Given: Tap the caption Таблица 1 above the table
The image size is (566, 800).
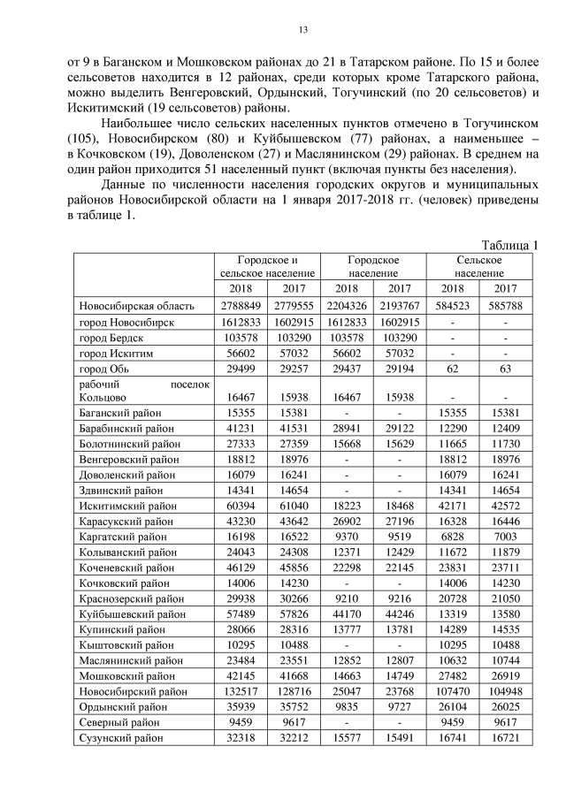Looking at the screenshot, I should tap(509, 245).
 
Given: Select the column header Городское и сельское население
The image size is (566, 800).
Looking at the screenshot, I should tap(267, 267).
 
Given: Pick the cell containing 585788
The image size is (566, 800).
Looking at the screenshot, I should tap(506, 306).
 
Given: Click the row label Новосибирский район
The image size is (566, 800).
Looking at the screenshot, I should tap(133, 692).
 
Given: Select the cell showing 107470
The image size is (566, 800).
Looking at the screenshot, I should tap(453, 692).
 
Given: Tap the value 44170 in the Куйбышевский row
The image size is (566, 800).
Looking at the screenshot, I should tap(347, 614).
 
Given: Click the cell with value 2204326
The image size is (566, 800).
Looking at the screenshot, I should tap(347, 306).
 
